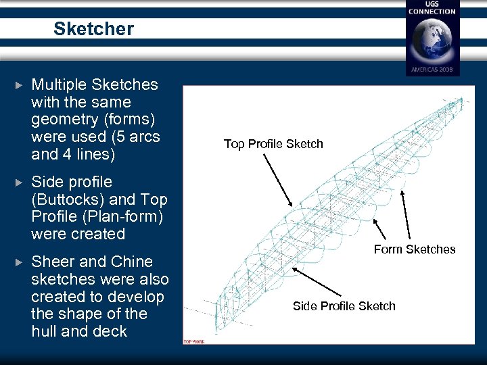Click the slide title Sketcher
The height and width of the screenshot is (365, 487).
(x=93, y=29)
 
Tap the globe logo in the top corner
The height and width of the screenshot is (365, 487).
(x=433, y=40)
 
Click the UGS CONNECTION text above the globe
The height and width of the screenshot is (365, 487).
(x=433, y=8)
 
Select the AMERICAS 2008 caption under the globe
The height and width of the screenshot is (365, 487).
(x=433, y=70)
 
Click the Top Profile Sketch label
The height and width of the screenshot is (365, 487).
(x=273, y=144)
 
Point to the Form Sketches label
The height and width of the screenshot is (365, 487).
(x=415, y=249)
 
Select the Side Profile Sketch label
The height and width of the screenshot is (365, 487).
(x=344, y=306)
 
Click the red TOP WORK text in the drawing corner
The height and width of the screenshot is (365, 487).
(x=195, y=341)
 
